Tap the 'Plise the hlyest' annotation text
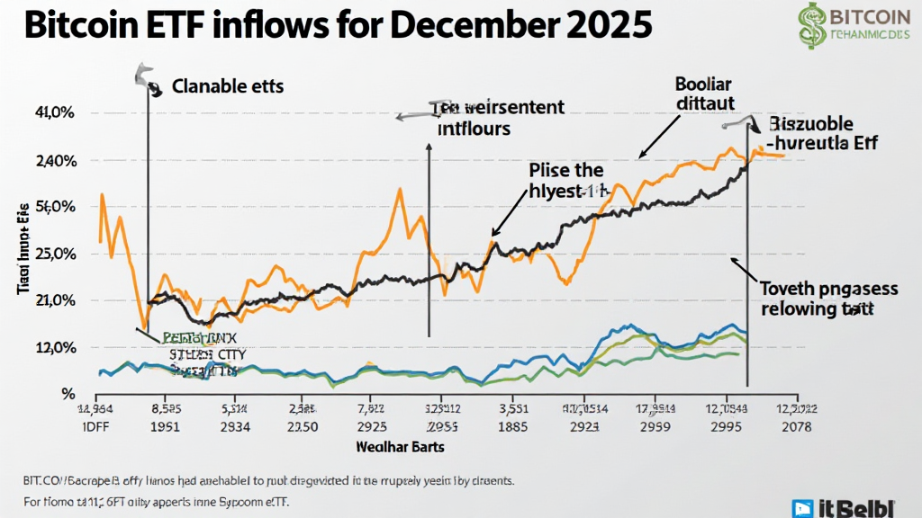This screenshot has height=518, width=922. tap(567, 180)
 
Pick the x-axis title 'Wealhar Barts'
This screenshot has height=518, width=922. tap(405, 446)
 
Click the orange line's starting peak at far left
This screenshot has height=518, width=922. tap(103, 195)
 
